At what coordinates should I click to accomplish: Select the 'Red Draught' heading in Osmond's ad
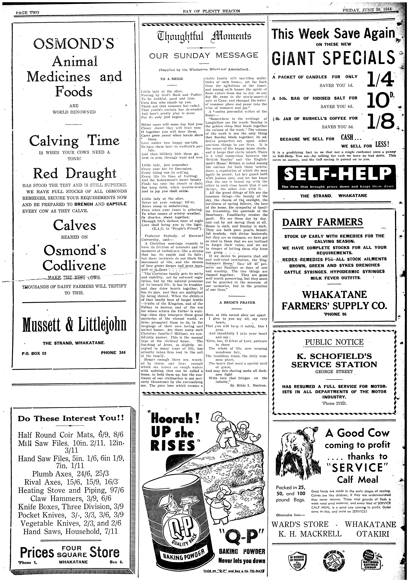tap(74, 174)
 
